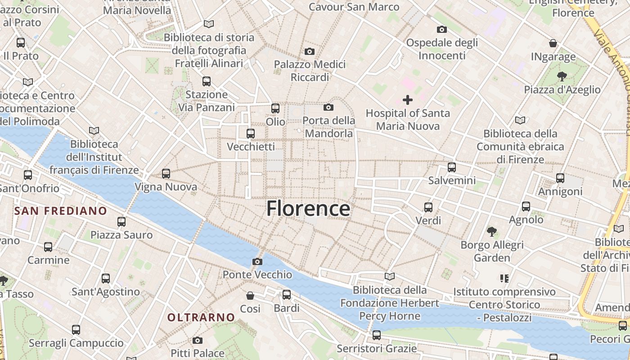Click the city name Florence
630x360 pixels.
click(308, 209)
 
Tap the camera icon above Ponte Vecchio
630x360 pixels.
click(257, 261)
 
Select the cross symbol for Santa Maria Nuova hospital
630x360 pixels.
click(408, 99)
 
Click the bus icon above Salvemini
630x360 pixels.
click(452, 167)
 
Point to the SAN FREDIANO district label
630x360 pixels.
click(61, 211)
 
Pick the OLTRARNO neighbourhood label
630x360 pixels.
click(201, 317)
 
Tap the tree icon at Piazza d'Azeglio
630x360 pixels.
click(562, 76)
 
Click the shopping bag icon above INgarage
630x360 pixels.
click(553, 43)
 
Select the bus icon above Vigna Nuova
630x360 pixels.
click(166, 174)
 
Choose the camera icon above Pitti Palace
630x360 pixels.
click(198, 340)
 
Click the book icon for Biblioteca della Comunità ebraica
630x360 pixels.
click(520, 120)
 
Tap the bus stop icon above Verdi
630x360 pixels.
click(428, 207)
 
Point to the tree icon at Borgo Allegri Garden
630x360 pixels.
click(492, 232)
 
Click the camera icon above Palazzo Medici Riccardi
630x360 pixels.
click(310, 51)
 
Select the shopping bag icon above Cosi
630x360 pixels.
click(250, 296)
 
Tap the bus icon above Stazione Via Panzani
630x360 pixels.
click(207, 81)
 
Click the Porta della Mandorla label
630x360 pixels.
click(328, 127)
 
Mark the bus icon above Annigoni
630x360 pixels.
click(560, 178)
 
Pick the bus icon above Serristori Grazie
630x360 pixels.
click(377, 335)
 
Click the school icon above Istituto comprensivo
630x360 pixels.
click(504, 279)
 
